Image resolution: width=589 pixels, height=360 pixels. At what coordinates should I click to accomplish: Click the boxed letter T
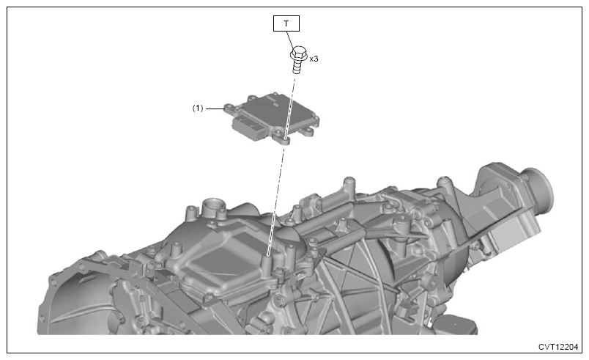(286, 23)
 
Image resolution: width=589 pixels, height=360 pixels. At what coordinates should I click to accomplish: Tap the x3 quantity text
(314, 59)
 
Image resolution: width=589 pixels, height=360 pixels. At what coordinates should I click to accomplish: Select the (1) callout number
(198, 109)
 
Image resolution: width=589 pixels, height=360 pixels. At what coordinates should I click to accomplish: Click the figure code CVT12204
(557, 347)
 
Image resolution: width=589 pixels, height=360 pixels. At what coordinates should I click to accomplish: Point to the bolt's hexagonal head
(299, 54)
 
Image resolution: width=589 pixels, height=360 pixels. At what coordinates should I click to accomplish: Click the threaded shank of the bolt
(297, 67)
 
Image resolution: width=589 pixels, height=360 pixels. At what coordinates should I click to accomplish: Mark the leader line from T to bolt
(290, 40)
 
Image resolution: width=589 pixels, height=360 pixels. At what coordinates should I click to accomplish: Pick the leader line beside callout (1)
(215, 109)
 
